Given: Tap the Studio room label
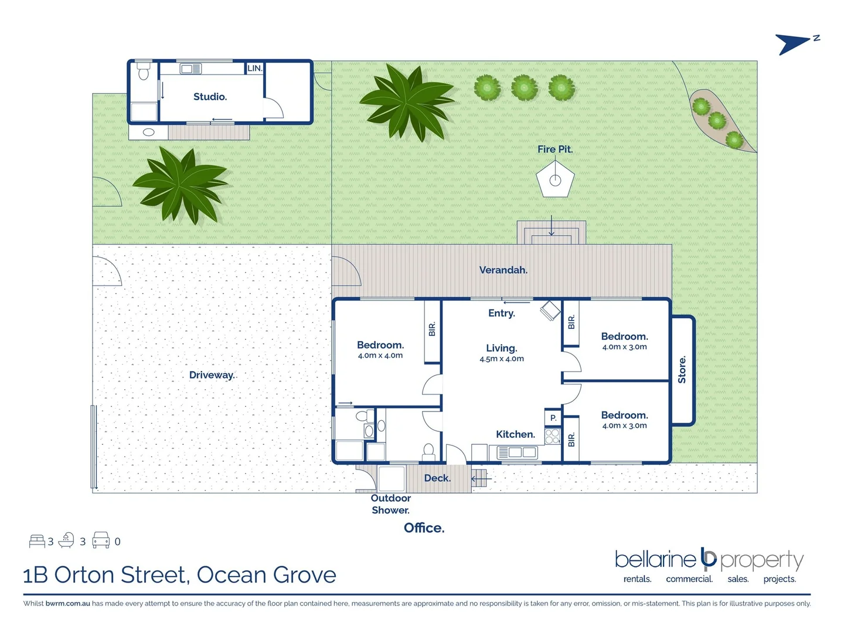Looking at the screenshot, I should click(x=210, y=97).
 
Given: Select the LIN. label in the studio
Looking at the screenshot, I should click(x=254, y=68).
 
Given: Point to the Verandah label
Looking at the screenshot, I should click(x=503, y=270).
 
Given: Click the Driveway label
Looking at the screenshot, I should click(x=212, y=375).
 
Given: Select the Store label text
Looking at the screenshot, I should click(x=682, y=369).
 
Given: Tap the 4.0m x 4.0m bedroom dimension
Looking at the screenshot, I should click(x=380, y=355).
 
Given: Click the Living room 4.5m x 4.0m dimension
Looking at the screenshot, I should click(x=501, y=359).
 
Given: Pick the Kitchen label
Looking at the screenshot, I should click(x=515, y=434).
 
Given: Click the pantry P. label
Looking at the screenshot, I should click(x=553, y=418).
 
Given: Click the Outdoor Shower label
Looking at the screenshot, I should click(x=390, y=504).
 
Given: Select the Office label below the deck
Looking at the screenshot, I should click(x=424, y=528).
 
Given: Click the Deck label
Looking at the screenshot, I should click(x=437, y=478).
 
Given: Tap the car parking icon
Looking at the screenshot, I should click(x=101, y=540).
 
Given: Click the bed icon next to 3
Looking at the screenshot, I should click(x=37, y=540).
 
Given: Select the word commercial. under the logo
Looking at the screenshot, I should click(x=689, y=579).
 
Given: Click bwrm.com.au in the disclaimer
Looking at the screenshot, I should click(x=67, y=604).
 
